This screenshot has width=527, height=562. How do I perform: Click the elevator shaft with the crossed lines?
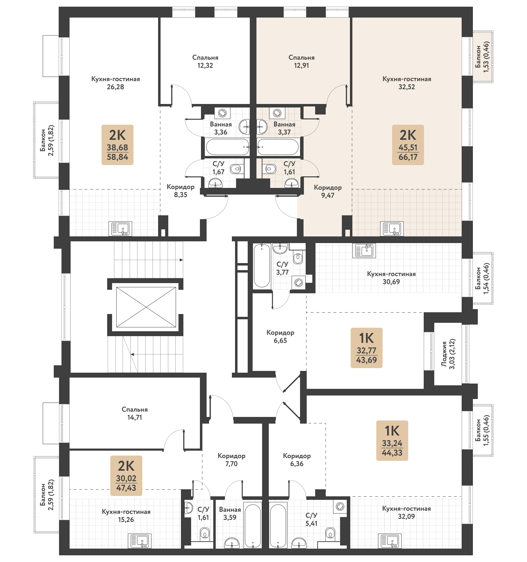pyautogui.click(x=146, y=307)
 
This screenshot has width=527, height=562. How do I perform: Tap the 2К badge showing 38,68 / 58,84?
pyautogui.click(x=117, y=145)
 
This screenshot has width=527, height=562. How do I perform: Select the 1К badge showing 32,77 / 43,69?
pyautogui.click(x=366, y=348)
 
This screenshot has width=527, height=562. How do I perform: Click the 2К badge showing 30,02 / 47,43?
pyautogui.click(x=126, y=476)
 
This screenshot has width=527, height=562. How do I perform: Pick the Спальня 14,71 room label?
pyautogui.click(x=135, y=413)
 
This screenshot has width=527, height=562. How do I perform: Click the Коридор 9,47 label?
pyautogui.click(x=328, y=191)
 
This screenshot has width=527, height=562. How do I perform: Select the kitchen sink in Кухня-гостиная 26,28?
pyautogui.click(x=121, y=229)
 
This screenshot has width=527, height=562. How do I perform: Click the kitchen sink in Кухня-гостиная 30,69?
pyautogui.click(x=364, y=250)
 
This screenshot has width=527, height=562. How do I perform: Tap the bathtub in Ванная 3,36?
pyautogui.click(x=227, y=147)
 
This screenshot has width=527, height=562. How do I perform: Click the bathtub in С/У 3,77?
pyautogui.click(x=262, y=266)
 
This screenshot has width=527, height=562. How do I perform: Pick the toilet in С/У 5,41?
pyautogui.click(x=330, y=533)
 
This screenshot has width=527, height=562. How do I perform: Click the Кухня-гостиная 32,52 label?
pyautogui.click(x=407, y=83)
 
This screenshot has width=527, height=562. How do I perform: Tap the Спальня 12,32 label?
pyautogui.click(x=205, y=61)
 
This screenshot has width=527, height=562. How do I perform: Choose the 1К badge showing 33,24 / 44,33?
pyautogui.click(x=392, y=440)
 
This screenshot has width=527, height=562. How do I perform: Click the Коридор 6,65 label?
pyautogui.click(x=280, y=336)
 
